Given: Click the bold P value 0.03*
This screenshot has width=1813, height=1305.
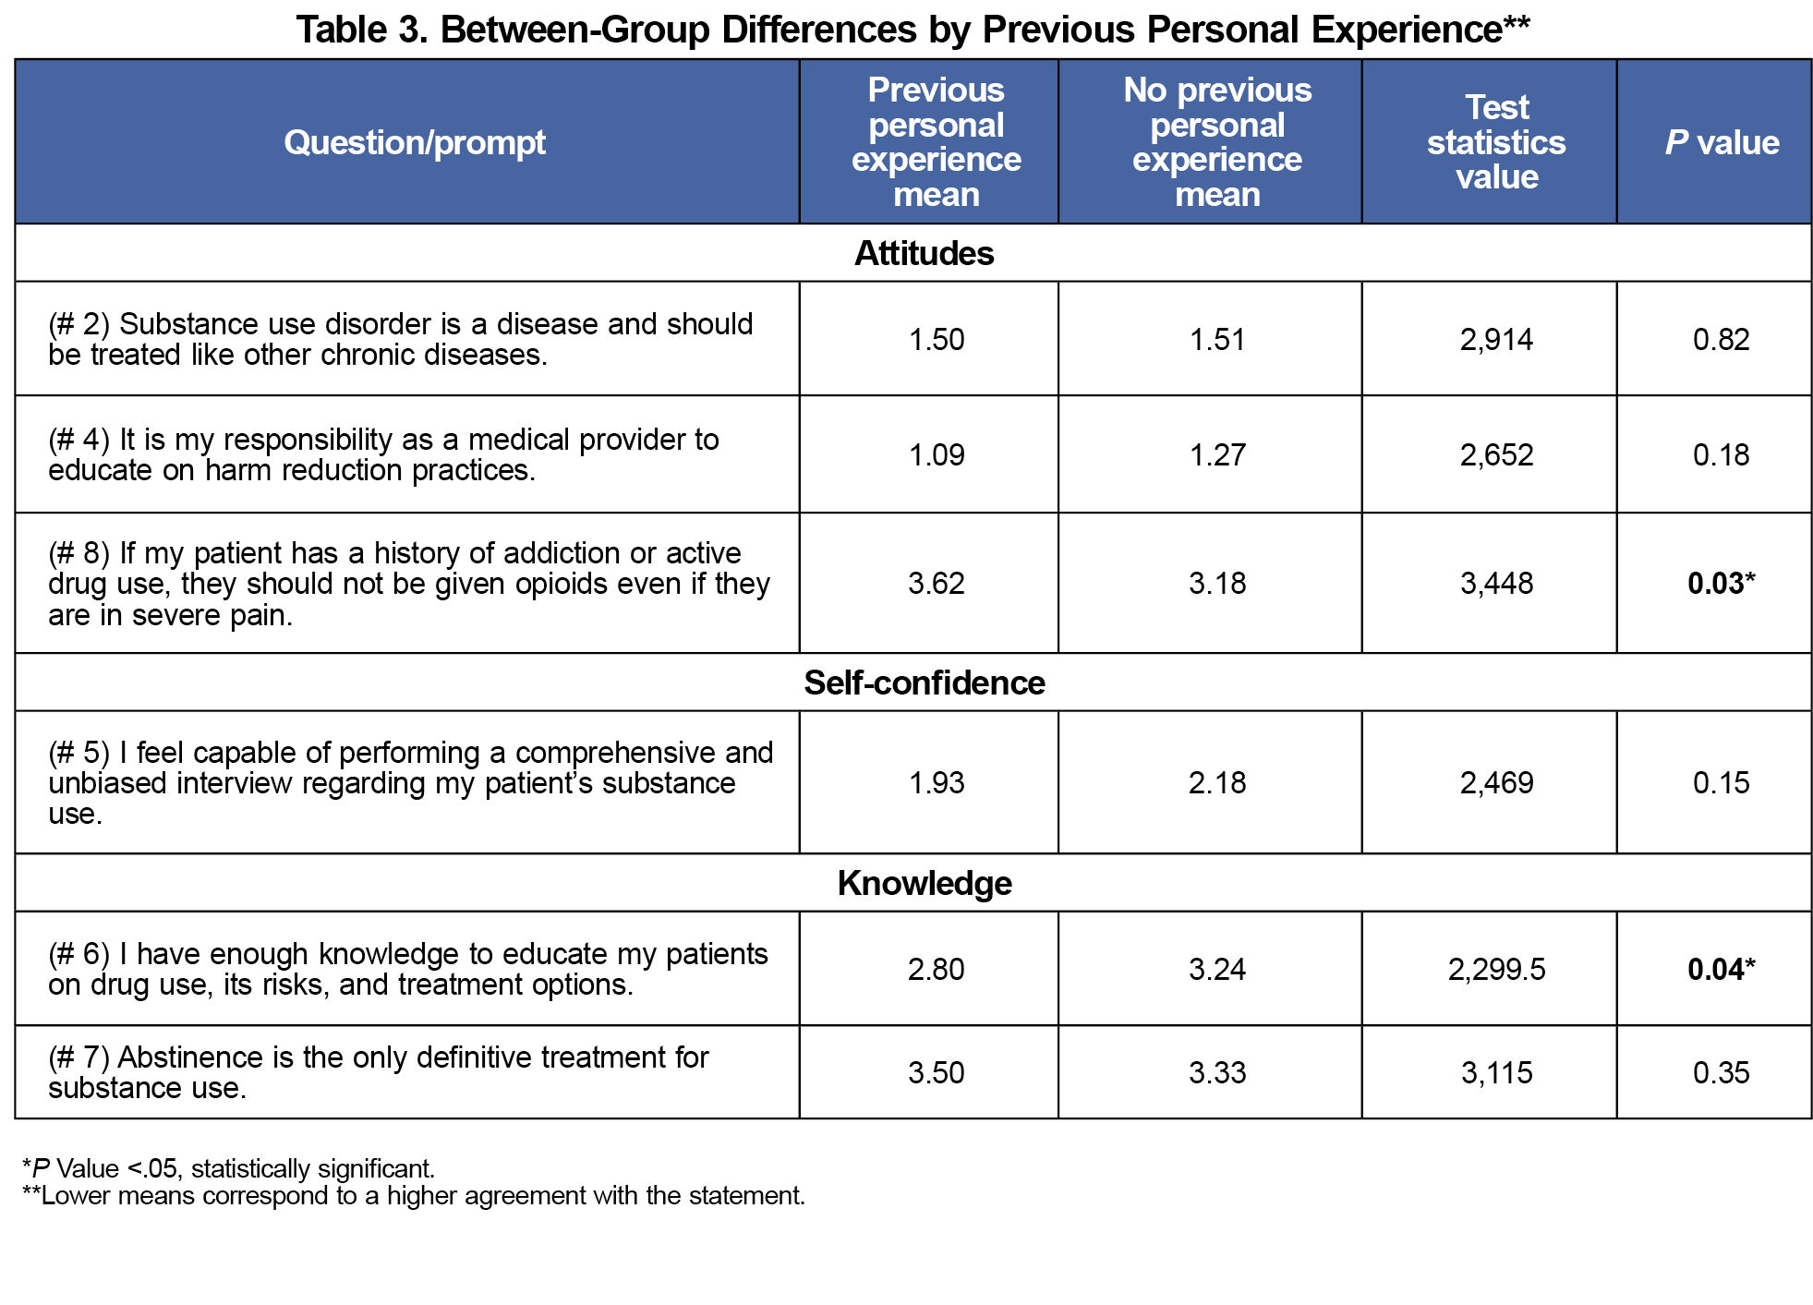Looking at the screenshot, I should coord(1720,584).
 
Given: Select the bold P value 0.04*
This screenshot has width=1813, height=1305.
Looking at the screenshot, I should coord(1720,970).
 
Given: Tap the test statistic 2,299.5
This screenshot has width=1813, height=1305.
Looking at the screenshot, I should coord(1496,970).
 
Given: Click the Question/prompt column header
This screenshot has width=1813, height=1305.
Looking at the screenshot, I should coord(415,143).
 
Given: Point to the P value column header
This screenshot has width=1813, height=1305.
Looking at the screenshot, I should coord(1722,143).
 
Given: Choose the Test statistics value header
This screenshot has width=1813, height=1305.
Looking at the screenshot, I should coord(1496,142).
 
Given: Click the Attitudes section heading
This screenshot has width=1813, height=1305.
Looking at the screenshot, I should coord(924,254).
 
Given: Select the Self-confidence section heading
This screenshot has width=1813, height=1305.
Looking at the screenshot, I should coord(924,683).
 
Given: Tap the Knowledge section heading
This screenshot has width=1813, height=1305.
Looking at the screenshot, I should coord(924,884).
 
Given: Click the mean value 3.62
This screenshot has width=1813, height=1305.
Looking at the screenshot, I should coord(936,584).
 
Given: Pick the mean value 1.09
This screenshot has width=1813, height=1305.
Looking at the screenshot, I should coord(936,455).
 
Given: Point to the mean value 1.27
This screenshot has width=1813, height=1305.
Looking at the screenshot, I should coord(1217,455).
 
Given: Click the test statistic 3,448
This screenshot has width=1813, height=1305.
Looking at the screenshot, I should coord(1496,584).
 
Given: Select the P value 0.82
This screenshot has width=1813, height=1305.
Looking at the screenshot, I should coord(1721,340).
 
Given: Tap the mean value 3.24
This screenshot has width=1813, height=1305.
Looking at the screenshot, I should coord(1217,970).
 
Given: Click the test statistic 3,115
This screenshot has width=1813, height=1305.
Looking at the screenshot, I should coord(1496,1073).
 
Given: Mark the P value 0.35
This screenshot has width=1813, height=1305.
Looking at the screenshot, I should coord(1721,1073).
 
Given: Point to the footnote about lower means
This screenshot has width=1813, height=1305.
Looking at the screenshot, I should coord(414,1196).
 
